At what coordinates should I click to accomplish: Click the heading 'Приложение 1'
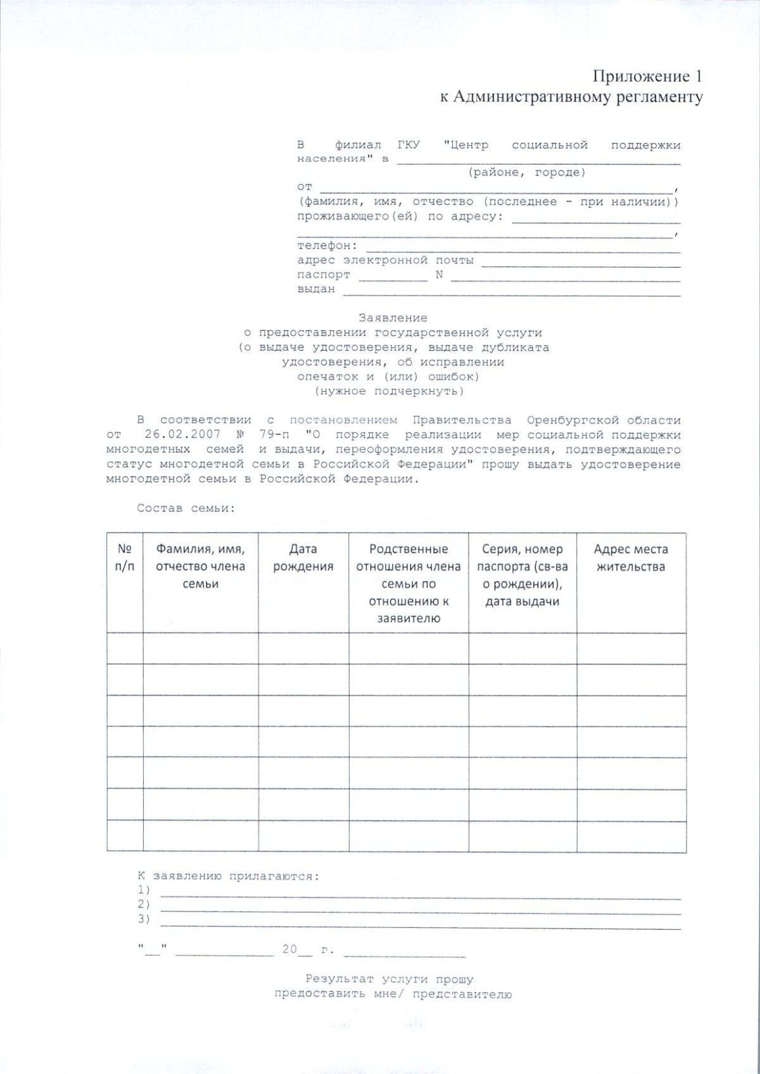[x=647, y=77]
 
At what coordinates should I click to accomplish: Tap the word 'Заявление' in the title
[x=393, y=318]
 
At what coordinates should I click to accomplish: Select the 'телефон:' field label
[x=327, y=246]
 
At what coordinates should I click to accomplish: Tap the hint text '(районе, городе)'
[x=526, y=172]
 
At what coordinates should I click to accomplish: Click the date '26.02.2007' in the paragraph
[x=182, y=435]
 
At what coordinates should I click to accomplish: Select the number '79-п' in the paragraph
[x=274, y=435]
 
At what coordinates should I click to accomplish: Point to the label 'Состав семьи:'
[x=186, y=508]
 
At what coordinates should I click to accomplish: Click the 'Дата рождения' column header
[x=303, y=558]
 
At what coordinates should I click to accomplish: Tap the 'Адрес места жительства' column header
[x=631, y=558]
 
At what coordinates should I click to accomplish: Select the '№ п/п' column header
[x=125, y=558]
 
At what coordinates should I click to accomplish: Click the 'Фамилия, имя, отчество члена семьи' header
[x=200, y=566]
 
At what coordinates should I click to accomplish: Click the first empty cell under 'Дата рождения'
[x=303, y=648]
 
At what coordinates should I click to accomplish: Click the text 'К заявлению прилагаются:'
[x=228, y=876]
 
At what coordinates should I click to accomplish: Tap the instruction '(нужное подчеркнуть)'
[x=389, y=391]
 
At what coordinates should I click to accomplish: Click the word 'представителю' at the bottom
[x=462, y=994]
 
